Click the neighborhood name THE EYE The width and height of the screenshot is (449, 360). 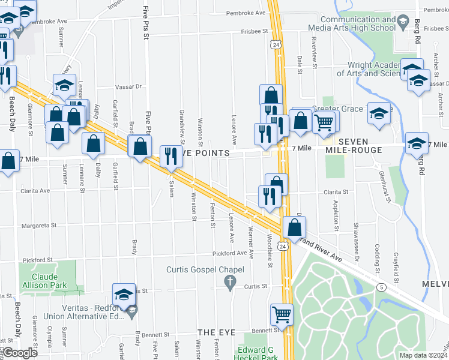214,332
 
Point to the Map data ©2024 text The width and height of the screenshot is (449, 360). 423,355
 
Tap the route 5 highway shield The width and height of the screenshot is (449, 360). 381,287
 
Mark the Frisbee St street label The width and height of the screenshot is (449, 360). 254,31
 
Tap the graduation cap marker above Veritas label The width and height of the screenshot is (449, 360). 124,294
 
